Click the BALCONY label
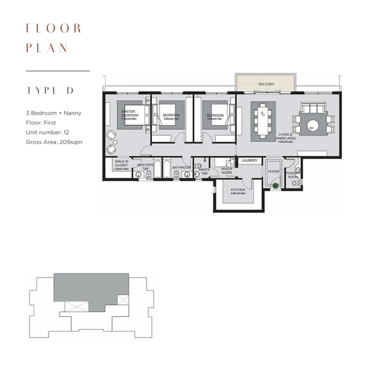coord(266,84)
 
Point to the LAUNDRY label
coord(250,161)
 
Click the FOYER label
coord(273,171)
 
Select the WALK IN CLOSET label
coord(122,165)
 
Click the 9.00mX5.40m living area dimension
coord(286,142)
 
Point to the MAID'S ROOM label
coord(227,171)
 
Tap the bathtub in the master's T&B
coord(157,169)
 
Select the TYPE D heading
coord(49,91)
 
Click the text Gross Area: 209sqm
coord(54,142)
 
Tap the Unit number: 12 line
coord(49,132)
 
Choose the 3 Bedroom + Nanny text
coord(53,113)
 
